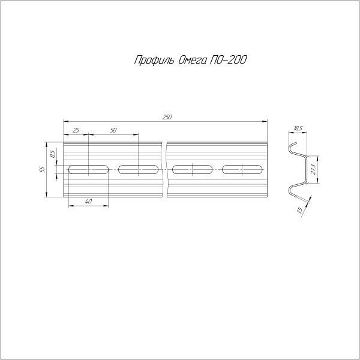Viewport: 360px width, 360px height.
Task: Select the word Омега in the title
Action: coord(192,60)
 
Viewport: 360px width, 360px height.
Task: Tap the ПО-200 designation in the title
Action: coord(228,60)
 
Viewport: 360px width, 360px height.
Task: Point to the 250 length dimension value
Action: coord(167,117)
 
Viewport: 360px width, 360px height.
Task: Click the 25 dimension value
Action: coord(76,130)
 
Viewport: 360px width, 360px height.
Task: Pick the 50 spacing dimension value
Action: coord(113,130)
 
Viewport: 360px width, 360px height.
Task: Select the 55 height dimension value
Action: coord(43,169)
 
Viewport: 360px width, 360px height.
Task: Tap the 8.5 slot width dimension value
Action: coord(53,154)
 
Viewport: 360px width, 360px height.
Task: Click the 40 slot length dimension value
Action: coord(88,202)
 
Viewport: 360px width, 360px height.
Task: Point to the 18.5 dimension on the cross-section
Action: coord(298,128)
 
